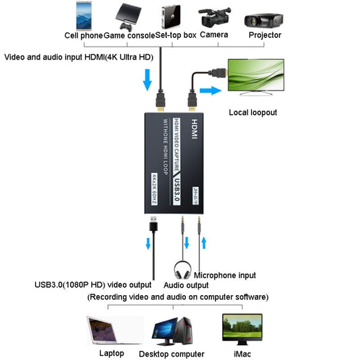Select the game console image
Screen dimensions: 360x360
tap(129, 15)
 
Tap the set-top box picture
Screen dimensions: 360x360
tap(171, 15)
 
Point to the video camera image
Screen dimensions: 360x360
tap(215, 17)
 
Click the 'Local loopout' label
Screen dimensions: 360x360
tap(253, 112)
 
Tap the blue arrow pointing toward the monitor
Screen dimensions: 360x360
tap(212, 91)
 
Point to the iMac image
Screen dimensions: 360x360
tap(242, 328)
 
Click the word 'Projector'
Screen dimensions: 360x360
tap(265, 35)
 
